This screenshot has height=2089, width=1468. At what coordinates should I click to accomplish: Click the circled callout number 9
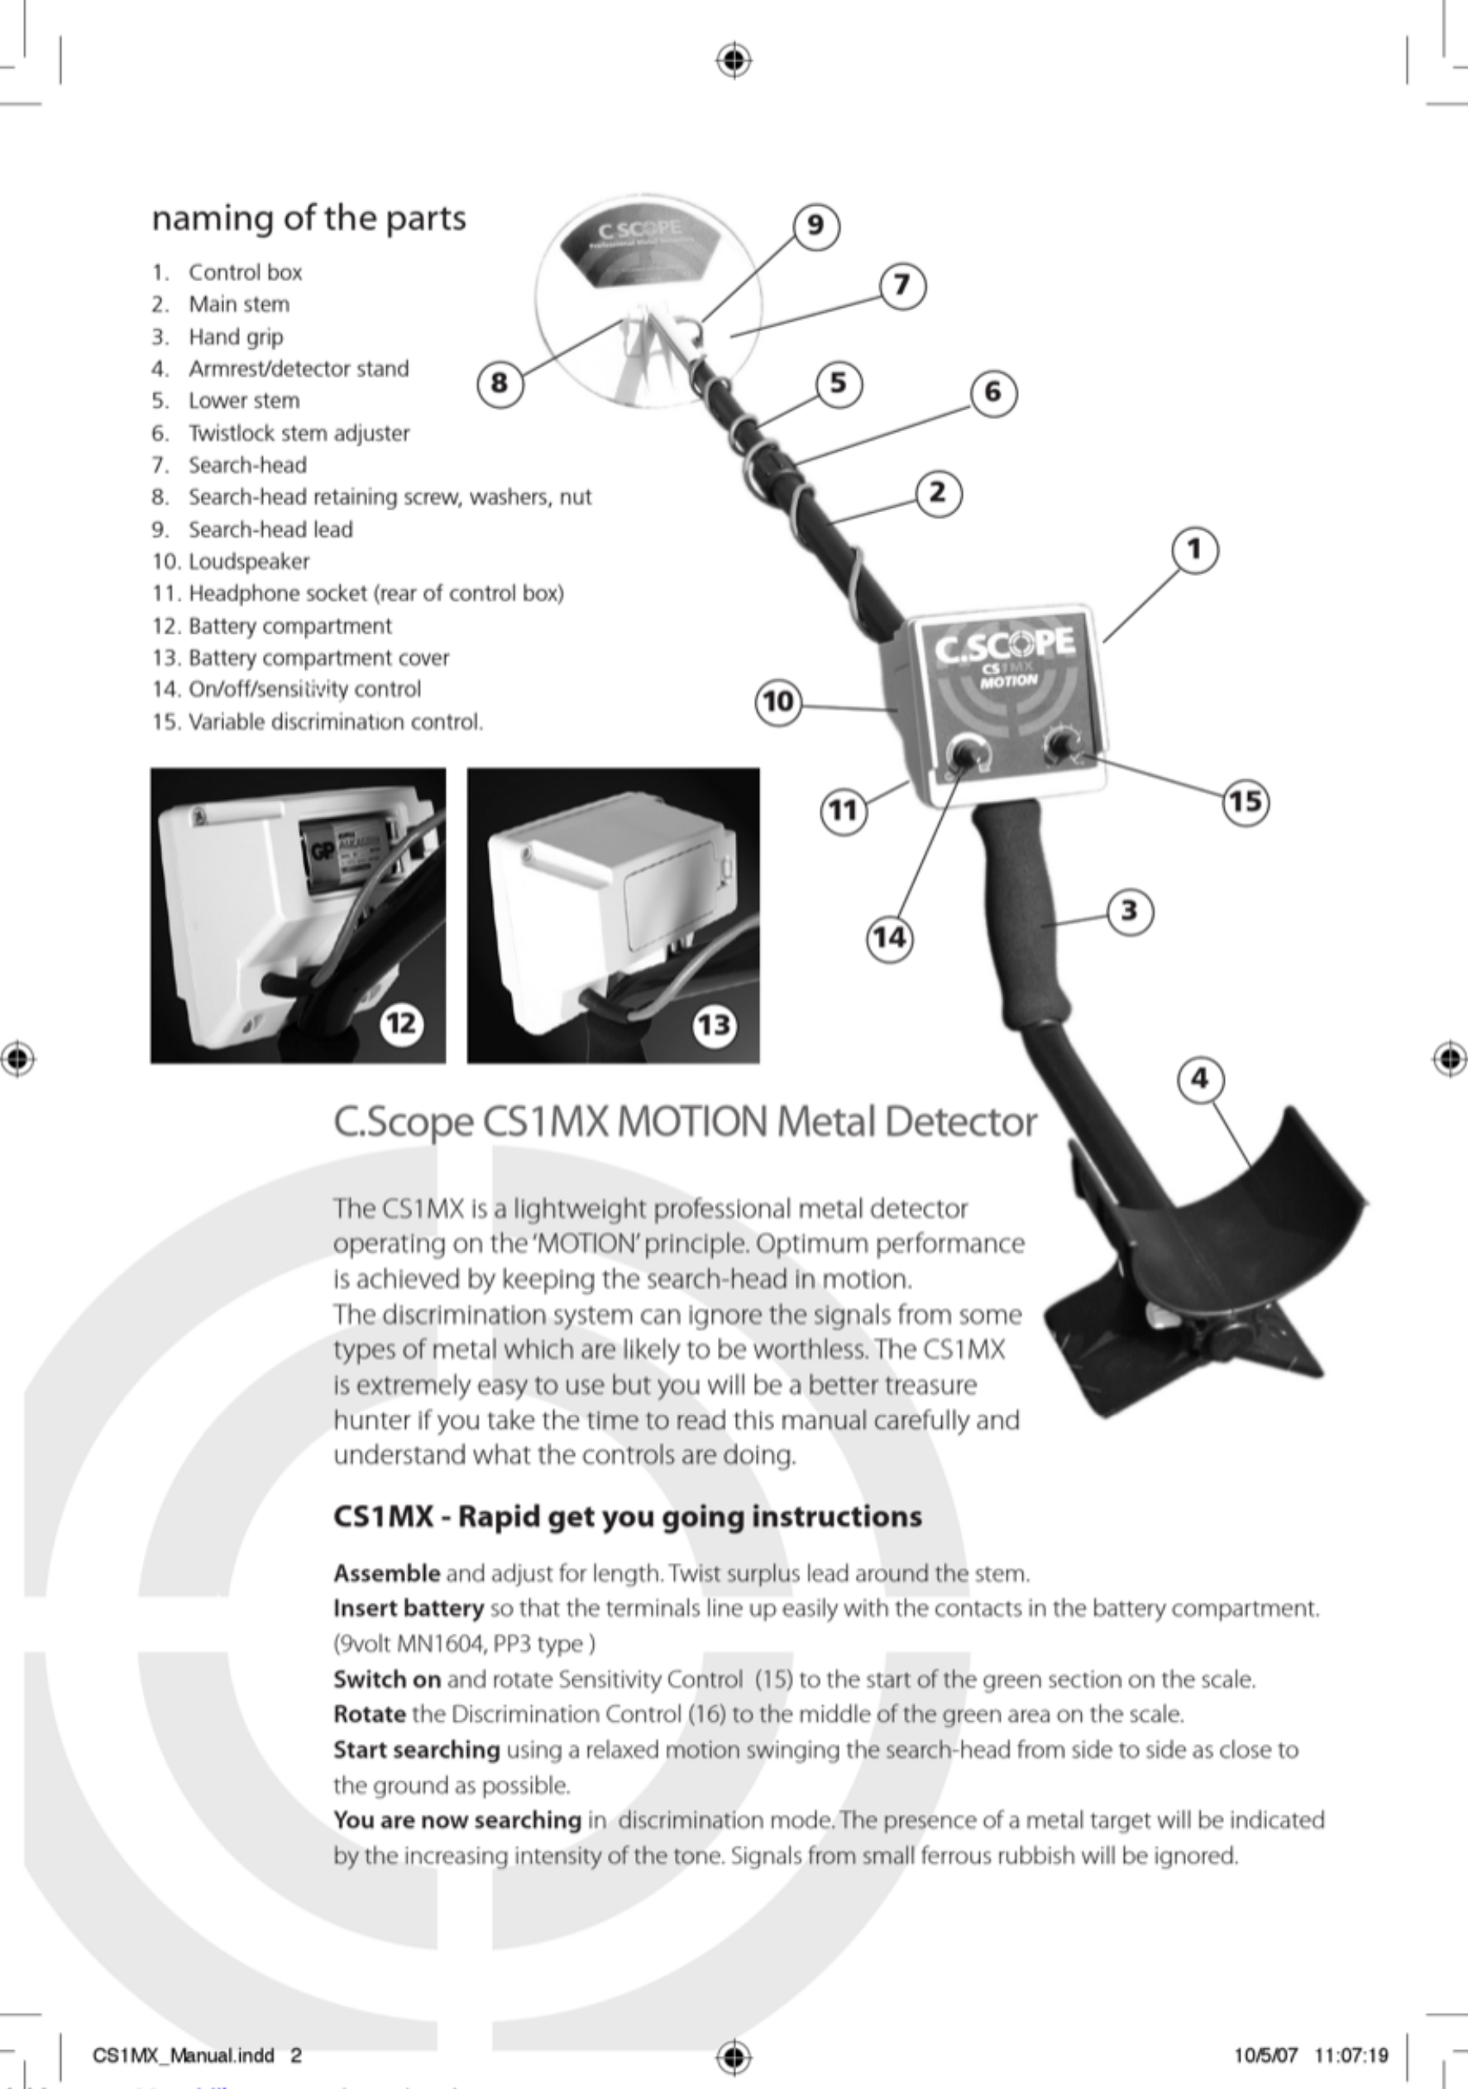pos(815,225)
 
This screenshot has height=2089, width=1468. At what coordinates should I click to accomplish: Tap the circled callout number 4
pos(1201,1079)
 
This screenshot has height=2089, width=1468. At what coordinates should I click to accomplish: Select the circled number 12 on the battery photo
pos(401,1023)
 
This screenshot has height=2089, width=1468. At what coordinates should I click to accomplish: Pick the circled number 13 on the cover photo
pos(714,1025)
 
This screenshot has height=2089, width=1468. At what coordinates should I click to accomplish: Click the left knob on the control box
pos(965,755)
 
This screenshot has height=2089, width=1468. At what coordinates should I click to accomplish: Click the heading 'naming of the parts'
pos(308,218)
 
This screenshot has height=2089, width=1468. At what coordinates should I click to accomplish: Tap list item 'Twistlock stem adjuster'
pos(299,433)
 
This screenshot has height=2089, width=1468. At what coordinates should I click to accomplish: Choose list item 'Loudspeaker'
pos(248,562)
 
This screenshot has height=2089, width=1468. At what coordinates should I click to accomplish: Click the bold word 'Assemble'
pos(386,1573)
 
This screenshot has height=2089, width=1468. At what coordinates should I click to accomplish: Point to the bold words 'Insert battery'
pos(409,1607)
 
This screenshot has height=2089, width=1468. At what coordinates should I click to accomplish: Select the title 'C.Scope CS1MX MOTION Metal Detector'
pos(684,1121)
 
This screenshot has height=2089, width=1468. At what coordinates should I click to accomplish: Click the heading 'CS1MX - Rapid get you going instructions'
pos(628,1516)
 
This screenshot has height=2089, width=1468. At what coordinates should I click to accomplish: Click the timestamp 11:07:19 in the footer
pos(1351,2054)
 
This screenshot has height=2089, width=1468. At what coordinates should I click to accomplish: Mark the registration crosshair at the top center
pos(733,61)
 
